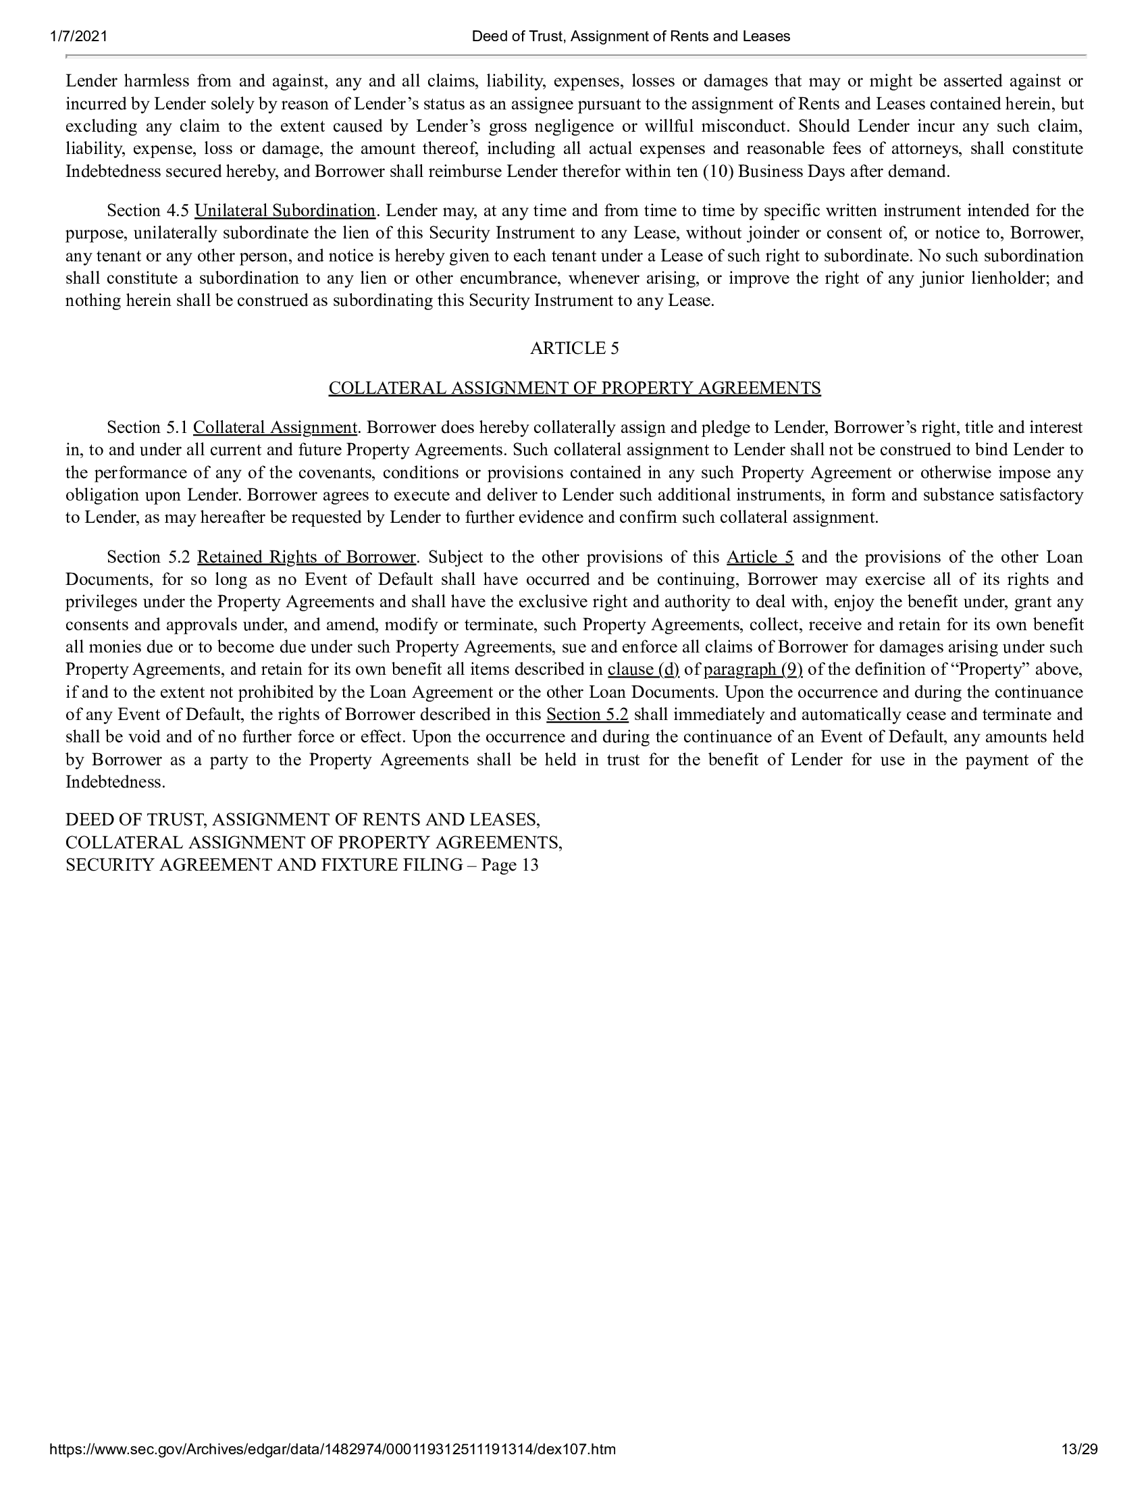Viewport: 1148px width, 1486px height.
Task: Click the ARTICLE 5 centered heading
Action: tap(574, 349)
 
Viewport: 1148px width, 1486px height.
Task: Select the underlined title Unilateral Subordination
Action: tap(284, 211)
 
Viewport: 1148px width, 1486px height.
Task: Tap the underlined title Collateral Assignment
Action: tap(275, 428)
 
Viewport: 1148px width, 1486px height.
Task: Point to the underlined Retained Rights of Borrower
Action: tap(306, 557)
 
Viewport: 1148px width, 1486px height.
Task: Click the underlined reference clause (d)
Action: tap(644, 670)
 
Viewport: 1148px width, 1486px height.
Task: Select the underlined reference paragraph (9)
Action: tap(753, 670)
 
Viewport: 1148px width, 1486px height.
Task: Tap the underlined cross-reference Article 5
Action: tap(760, 557)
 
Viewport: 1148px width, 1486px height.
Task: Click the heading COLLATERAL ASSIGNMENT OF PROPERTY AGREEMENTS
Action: tap(574, 388)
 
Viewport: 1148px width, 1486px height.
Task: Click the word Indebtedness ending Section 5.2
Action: tap(114, 782)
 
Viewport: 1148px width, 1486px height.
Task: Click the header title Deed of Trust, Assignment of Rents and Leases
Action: tap(631, 36)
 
